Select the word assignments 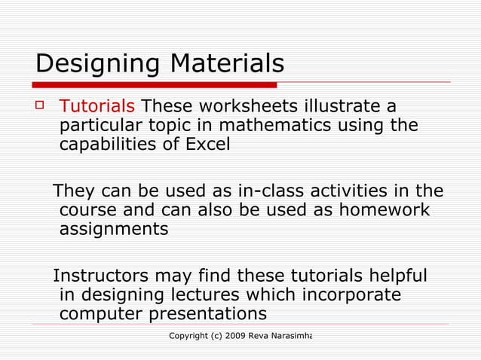[x=114, y=229]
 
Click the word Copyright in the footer [x=191, y=334]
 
